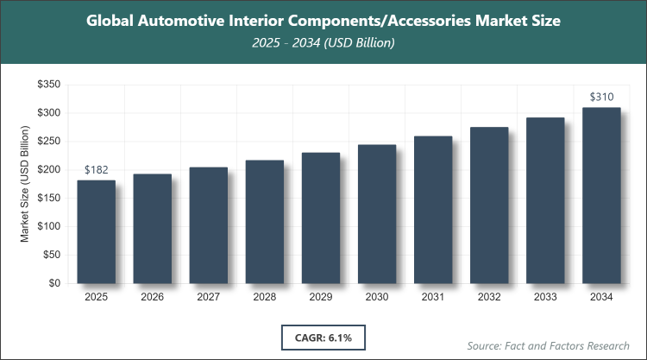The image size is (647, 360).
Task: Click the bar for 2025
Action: click(97, 231)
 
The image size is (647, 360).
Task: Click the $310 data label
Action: click(601, 98)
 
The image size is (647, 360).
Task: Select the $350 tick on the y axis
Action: click(48, 85)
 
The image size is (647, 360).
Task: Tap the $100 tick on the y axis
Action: click(48, 226)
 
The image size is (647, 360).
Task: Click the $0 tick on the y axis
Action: click(53, 283)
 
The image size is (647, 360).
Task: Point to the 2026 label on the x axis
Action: click(153, 298)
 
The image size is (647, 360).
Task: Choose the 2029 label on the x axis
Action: click(321, 298)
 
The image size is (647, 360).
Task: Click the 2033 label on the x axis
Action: click(545, 298)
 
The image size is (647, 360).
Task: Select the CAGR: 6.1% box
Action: click(323, 336)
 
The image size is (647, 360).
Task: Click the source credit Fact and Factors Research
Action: click(549, 345)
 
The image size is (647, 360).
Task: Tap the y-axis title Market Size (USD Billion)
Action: click(26, 184)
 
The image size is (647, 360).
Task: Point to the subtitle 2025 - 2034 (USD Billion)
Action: click(323, 43)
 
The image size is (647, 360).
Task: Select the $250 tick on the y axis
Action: click(48, 142)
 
